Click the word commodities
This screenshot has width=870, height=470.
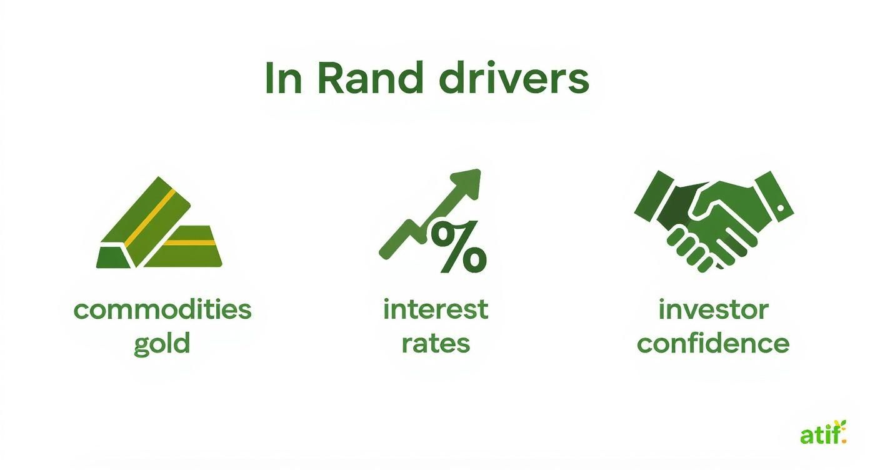(x=162, y=310)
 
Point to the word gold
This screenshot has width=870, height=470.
(x=162, y=344)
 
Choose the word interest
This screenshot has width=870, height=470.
(x=436, y=310)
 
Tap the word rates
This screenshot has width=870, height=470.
(x=436, y=343)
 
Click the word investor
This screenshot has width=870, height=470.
(x=713, y=310)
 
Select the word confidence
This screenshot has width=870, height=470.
(x=713, y=343)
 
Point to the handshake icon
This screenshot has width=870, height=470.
(x=713, y=219)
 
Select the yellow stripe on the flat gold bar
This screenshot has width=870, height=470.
(x=191, y=242)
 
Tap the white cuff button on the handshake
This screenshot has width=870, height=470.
(x=780, y=207)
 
